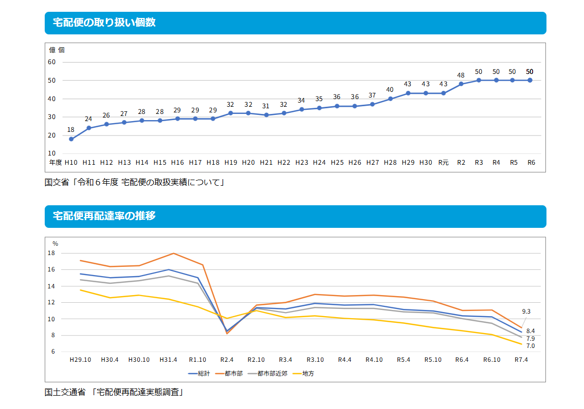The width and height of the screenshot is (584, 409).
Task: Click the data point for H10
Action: tap(71, 139)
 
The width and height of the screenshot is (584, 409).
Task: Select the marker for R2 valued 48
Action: tap(461, 84)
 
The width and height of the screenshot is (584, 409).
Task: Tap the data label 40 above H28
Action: tap(390, 90)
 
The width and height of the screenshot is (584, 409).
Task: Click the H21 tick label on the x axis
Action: tap(266, 162)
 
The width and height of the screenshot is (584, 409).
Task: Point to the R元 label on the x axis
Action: tap(443, 162)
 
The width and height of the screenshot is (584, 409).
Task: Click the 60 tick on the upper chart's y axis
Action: tap(52, 62)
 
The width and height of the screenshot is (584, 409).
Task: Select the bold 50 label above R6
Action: tap(530, 72)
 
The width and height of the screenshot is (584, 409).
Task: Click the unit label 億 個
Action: tap(57, 50)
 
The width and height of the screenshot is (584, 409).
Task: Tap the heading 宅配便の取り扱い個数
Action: tap(104, 23)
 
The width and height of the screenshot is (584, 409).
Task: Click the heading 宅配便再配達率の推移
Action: tap(104, 216)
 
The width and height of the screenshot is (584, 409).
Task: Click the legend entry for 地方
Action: tap(307, 374)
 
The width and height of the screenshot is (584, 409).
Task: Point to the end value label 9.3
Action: tap(526, 311)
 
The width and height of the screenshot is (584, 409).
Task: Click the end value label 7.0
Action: tap(531, 346)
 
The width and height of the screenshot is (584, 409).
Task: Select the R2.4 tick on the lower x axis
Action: tap(227, 360)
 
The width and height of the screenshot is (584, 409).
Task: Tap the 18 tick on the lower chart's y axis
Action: tap(51, 253)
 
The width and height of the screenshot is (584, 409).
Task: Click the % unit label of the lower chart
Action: tap(56, 244)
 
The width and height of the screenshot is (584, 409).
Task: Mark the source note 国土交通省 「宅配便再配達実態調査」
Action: tap(114, 393)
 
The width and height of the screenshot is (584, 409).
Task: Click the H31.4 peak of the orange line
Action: tap(173, 254)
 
